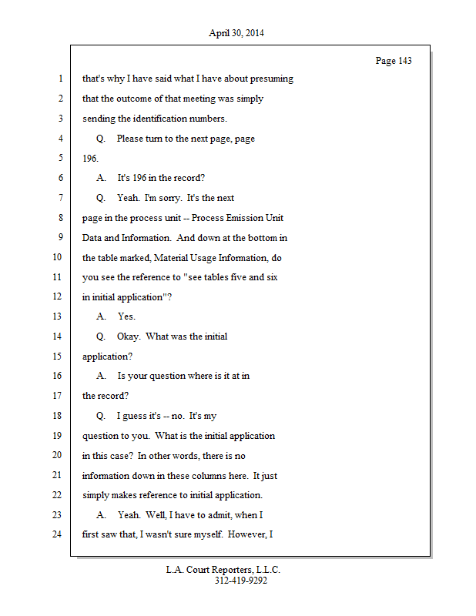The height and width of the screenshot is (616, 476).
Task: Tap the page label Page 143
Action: (393, 61)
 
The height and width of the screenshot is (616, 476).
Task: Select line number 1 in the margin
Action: (60, 79)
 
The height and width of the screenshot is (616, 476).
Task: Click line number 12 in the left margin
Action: (57, 297)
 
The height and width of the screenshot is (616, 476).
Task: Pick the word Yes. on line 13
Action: (126, 316)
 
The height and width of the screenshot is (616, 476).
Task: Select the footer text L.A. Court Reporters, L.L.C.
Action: (223, 570)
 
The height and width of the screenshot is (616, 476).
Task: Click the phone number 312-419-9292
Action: (241, 581)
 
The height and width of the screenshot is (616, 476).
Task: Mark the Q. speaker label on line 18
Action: (101, 416)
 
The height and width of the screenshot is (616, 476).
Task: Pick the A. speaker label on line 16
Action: (102, 376)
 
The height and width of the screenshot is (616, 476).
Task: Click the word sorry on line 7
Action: (169, 198)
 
